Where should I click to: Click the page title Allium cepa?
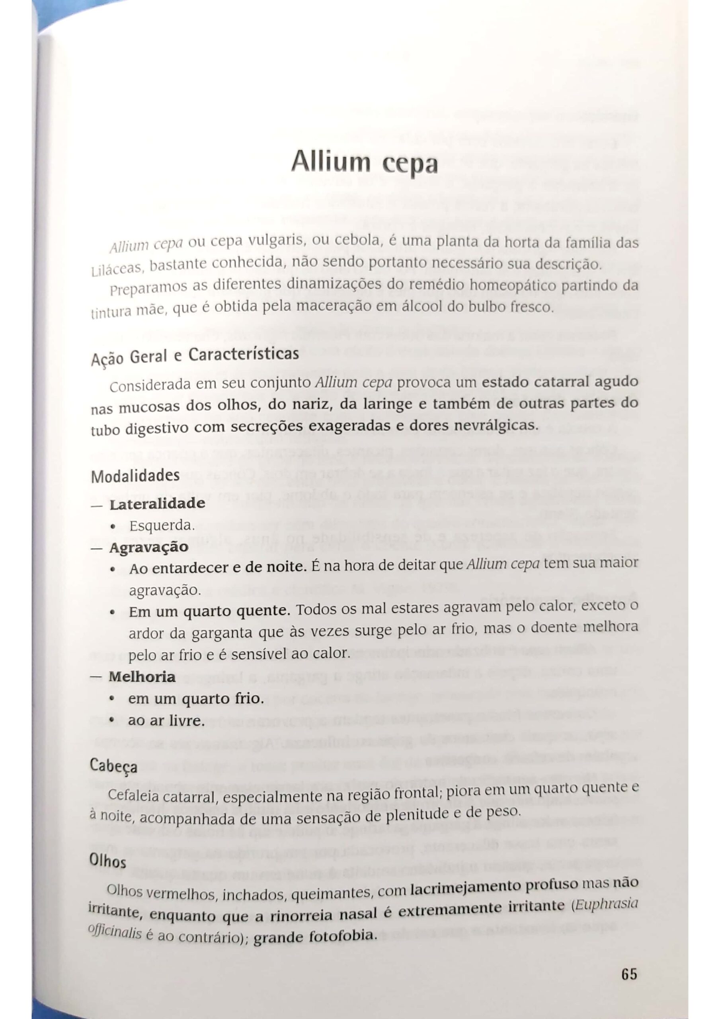(365, 162)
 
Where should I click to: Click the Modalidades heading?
(135, 476)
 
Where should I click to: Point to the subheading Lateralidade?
(157, 504)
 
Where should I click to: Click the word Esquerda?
(162, 526)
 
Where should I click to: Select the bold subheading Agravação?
(149, 547)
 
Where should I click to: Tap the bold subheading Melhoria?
(142, 677)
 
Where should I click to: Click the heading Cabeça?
(114, 767)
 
